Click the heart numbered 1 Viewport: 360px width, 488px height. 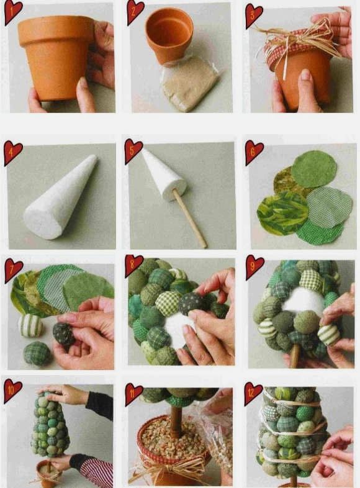(x=12, y=12)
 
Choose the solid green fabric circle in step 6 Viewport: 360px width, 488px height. (x=313, y=168)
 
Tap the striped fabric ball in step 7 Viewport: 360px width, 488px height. (x=31, y=325)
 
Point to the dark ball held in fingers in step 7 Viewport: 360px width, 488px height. (x=63, y=333)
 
